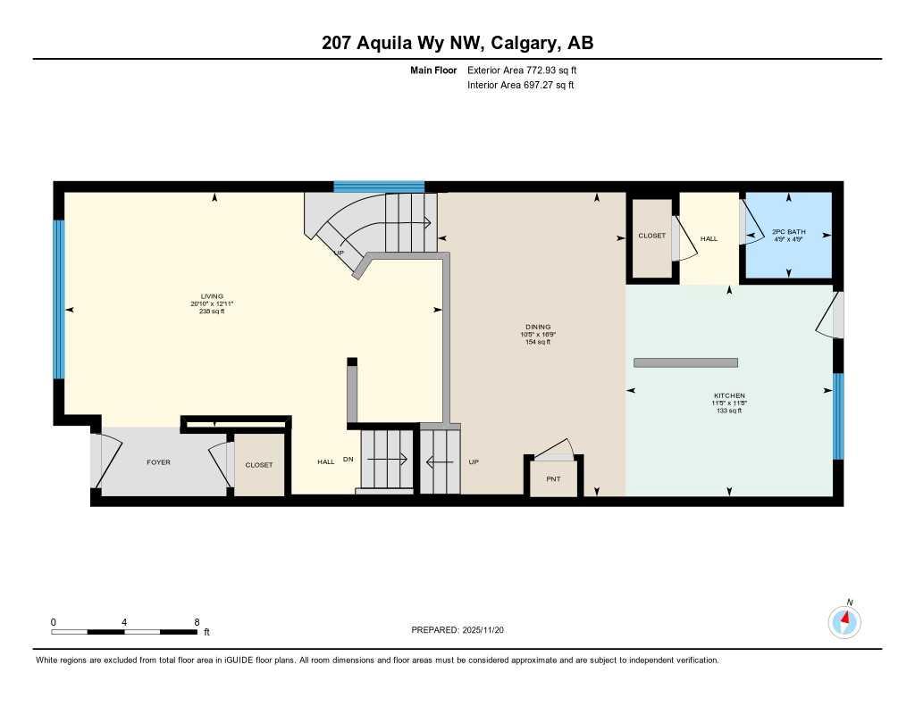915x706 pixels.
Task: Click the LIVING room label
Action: point(212,296)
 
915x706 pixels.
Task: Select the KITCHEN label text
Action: point(728,395)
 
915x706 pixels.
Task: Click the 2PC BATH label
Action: point(788,232)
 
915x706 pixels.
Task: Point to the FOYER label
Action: point(158,462)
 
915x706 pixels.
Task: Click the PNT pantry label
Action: point(553,479)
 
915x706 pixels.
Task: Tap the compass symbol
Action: point(844,621)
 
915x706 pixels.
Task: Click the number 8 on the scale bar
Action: point(197,622)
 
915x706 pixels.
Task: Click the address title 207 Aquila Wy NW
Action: point(457,42)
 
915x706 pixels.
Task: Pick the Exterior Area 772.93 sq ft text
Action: point(528,70)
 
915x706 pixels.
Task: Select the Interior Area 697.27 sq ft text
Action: point(520,86)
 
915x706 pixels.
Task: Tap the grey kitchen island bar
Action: point(685,362)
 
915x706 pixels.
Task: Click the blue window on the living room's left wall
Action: point(59,299)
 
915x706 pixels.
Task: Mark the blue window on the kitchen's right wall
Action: point(838,416)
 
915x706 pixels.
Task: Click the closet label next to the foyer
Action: point(259,465)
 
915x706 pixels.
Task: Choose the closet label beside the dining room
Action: point(651,236)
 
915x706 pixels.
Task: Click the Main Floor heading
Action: point(433,70)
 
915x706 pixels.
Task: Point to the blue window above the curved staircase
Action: point(379,187)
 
